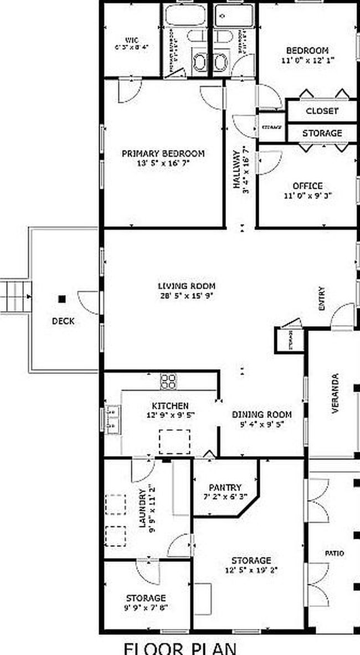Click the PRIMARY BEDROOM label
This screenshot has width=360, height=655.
pyautogui.click(x=163, y=153)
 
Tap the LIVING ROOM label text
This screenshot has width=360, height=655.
pyautogui.click(x=186, y=286)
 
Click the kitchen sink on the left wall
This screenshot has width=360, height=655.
pyautogui.click(x=114, y=419)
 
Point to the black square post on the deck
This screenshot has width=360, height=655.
pyautogui.click(x=62, y=298)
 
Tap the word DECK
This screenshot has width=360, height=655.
pyautogui.click(x=63, y=321)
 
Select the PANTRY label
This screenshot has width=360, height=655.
pyautogui.click(x=225, y=488)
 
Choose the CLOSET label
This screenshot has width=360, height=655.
pyautogui.click(x=322, y=111)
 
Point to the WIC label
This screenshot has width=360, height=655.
pyautogui.click(x=131, y=40)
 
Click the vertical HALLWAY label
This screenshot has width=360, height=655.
pyautogui.click(x=237, y=169)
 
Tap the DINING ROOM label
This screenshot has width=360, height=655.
pyautogui.click(x=261, y=415)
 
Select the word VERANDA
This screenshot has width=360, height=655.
pyautogui.click(x=335, y=393)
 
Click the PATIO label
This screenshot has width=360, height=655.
pyautogui.click(x=334, y=553)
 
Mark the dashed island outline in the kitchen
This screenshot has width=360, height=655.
pyautogui.click(x=174, y=441)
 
